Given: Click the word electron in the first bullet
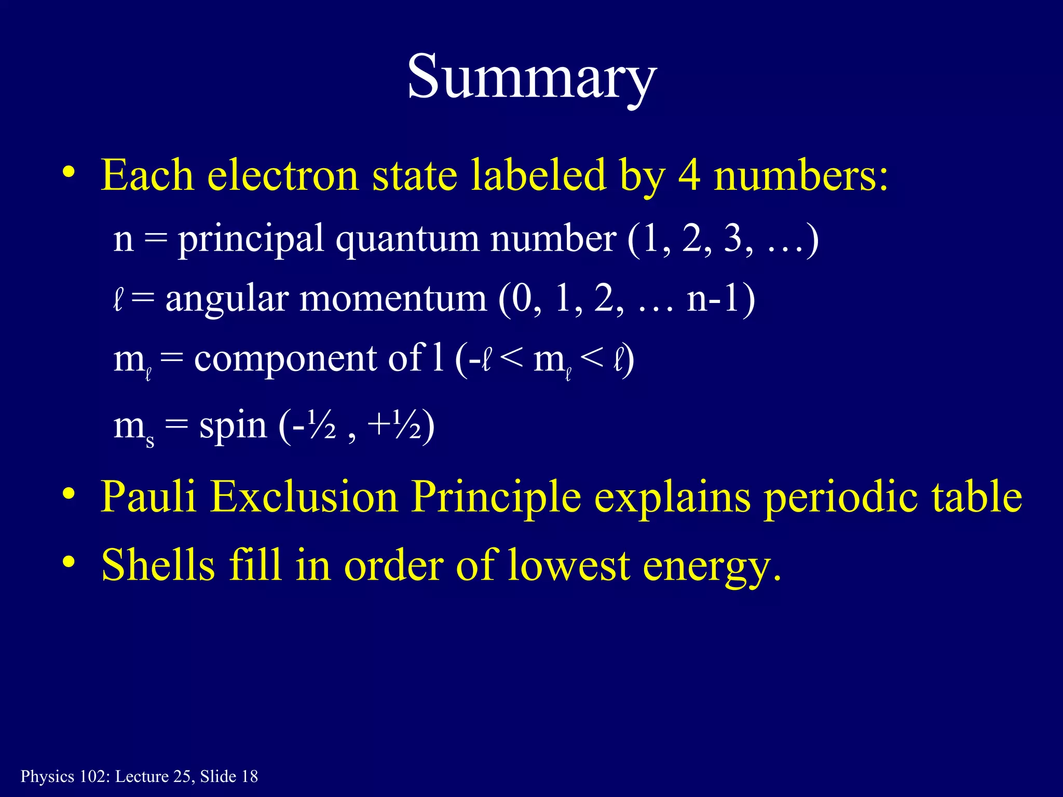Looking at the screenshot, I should [x=283, y=175].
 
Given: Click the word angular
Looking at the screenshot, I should [x=227, y=299].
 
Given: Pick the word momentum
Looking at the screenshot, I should [x=393, y=299].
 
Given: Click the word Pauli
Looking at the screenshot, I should [x=148, y=497].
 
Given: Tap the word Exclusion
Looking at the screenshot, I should [x=304, y=497].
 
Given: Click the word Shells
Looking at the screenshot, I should [x=158, y=565].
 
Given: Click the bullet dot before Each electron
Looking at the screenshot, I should [x=68, y=172].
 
